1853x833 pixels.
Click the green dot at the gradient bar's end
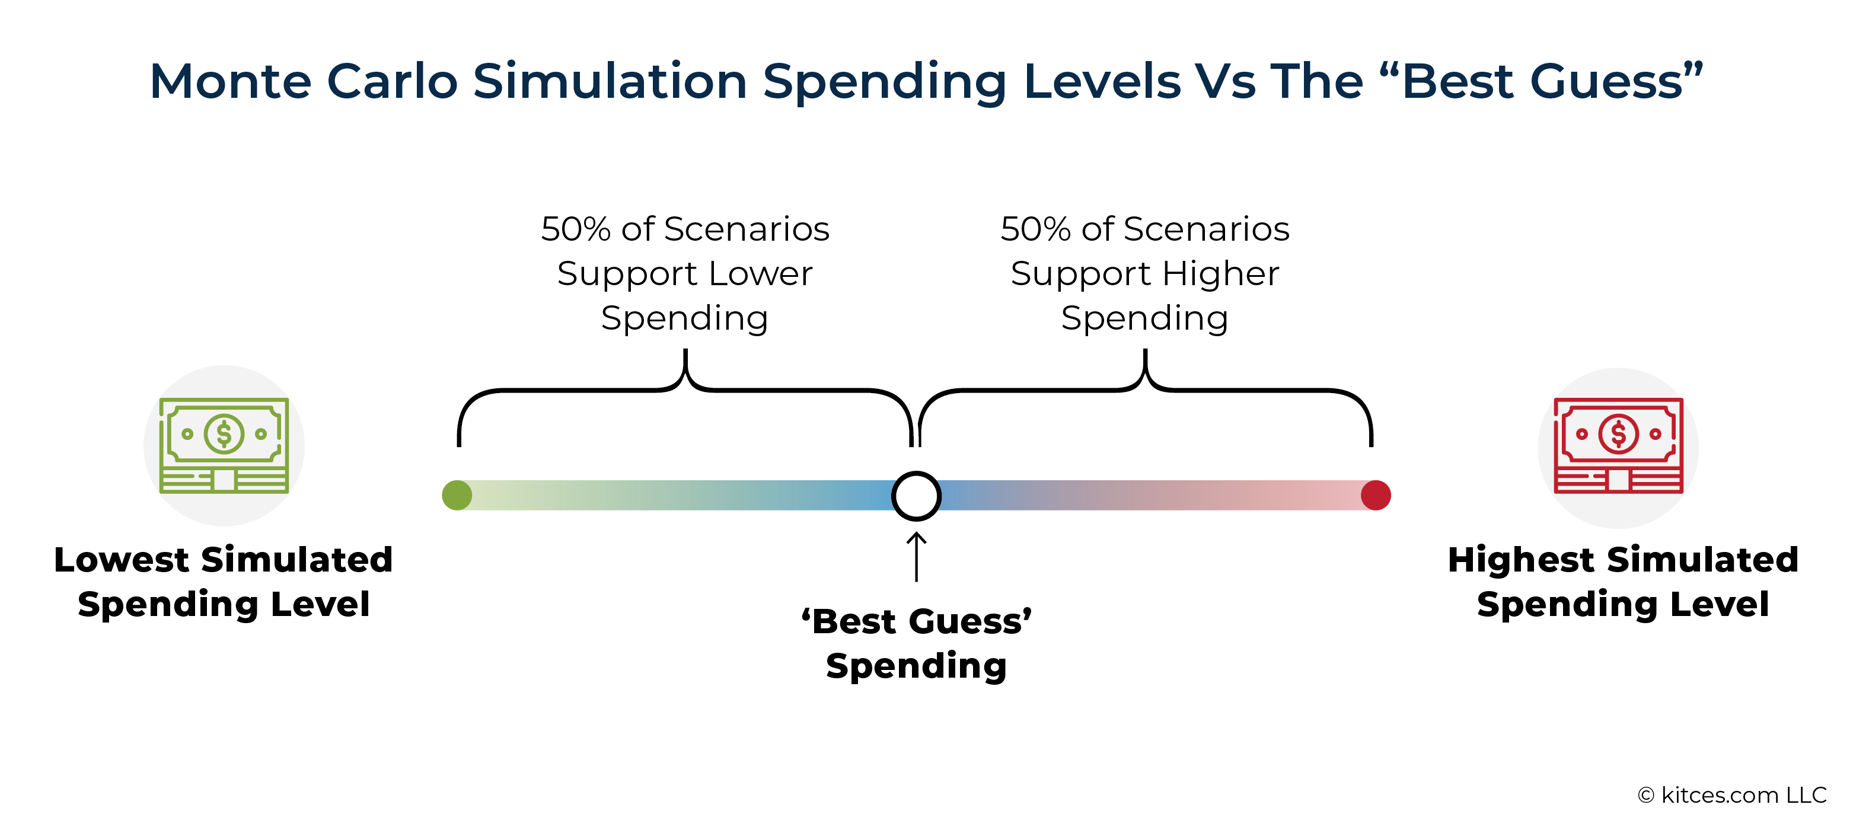point(457,495)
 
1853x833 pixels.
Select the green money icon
point(224,445)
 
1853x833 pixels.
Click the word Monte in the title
point(230,81)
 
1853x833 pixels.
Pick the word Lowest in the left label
point(120,560)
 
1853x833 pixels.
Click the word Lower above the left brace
point(760,273)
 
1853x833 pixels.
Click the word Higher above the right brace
point(1221,274)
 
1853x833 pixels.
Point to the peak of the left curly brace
point(685,350)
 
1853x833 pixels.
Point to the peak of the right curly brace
point(1145,350)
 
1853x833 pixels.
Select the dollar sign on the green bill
point(224,434)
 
